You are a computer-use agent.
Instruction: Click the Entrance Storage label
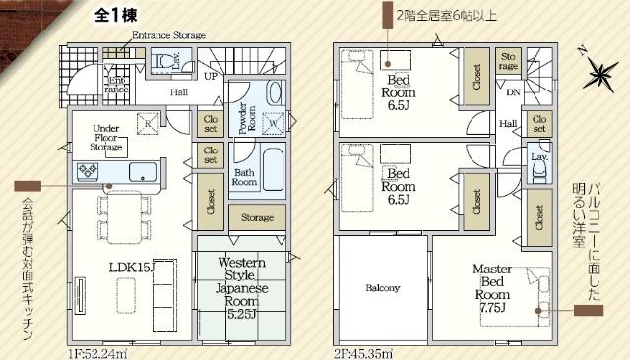click(x=168, y=35)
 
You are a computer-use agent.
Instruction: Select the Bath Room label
click(x=245, y=178)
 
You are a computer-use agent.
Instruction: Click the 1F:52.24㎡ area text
click(x=97, y=351)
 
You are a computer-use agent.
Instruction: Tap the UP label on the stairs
click(x=211, y=75)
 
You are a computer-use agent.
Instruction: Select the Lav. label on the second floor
click(x=538, y=157)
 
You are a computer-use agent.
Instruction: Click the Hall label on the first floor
click(x=178, y=92)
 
